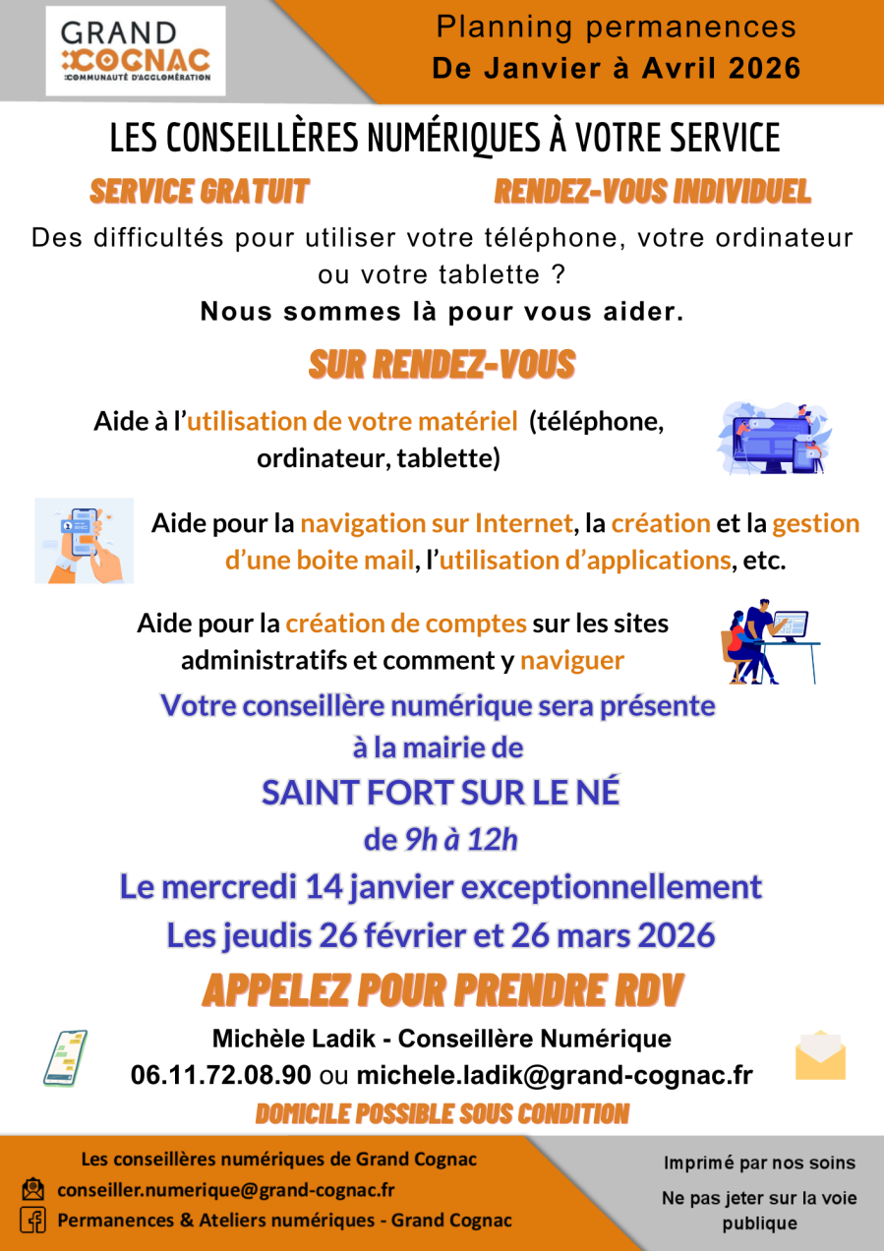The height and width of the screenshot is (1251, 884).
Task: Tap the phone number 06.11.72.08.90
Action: [x=221, y=1075]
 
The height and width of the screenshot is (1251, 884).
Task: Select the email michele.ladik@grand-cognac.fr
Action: [x=555, y=1075]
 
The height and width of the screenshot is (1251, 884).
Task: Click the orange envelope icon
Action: [x=820, y=1056]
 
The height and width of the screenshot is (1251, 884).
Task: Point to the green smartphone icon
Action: [x=65, y=1057]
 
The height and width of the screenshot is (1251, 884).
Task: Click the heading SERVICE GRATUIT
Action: [x=200, y=192]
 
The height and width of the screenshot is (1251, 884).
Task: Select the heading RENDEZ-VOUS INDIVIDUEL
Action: [x=652, y=192]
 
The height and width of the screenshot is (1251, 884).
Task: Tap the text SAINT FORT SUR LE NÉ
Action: [x=441, y=793]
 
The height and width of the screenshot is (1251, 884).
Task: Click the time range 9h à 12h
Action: [x=461, y=840]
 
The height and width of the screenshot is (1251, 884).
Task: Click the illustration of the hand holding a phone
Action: [x=85, y=540]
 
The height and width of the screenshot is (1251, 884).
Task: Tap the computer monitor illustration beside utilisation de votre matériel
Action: [x=774, y=439]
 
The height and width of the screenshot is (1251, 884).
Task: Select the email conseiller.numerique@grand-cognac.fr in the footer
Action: [x=226, y=1189]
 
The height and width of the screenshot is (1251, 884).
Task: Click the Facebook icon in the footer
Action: [x=32, y=1221]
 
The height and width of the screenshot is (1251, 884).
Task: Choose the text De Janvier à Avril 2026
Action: [x=617, y=69]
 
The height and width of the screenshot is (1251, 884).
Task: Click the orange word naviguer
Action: [x=571, y=661]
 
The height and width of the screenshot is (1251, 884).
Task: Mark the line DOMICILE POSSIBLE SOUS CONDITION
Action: [x=442, y=1113]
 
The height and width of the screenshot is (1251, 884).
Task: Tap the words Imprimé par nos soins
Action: [x=759, y=1163]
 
